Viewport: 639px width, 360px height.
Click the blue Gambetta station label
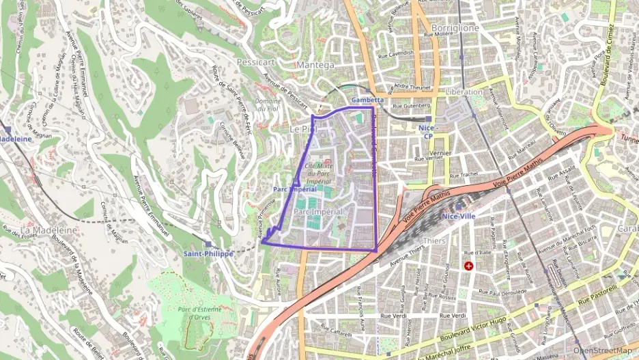[367, 100]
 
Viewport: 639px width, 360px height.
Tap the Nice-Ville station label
[459, 217]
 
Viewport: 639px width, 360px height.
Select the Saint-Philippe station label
[208, 253]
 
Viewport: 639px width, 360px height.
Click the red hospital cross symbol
[468, 265]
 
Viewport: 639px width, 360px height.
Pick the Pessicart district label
[255, 61]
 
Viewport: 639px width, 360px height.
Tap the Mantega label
[316, 65]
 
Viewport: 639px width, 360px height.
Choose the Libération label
[463, 92]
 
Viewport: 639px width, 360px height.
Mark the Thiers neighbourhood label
[434, 240]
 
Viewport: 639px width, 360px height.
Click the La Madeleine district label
[48, 230]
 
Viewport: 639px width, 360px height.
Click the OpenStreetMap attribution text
[602, 350]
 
